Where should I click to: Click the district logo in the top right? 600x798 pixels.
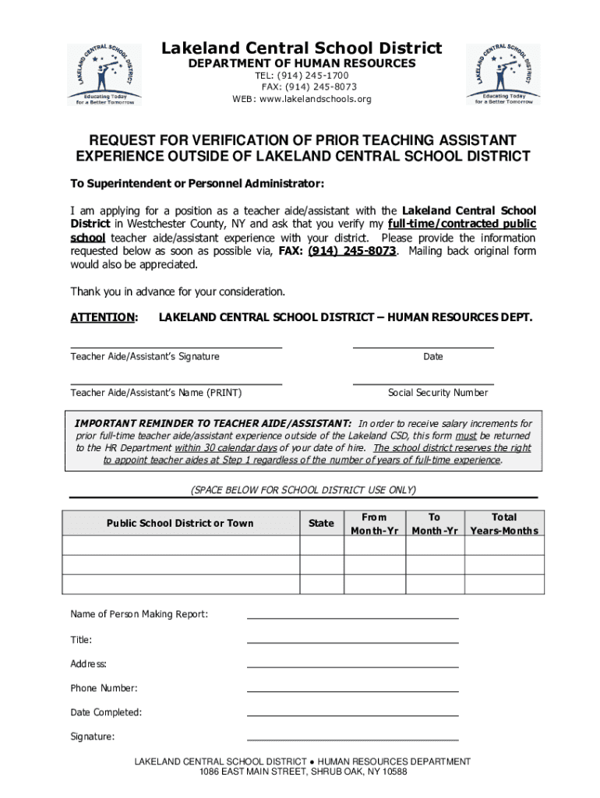coord(502,73)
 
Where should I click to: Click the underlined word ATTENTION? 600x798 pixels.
coord(103,318)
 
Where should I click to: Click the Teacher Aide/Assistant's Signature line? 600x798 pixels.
coord(176,347)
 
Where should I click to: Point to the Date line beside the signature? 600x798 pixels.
coord(423,347)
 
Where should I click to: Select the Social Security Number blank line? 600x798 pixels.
coord(423,383)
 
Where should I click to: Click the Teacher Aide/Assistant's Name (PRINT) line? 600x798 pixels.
coord(176,383)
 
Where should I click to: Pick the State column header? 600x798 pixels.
coord(321,523)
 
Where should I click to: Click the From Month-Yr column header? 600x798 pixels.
coord(374,523)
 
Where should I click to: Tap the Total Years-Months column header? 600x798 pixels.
coord(503,523)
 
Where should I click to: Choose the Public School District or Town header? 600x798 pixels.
coord(180,523)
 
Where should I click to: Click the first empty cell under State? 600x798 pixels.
coord(321,545)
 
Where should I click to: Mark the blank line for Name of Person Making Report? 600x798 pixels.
coord(352,617)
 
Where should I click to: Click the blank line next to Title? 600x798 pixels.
coord(352,642)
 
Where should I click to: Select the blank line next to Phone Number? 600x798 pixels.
coord(352,690)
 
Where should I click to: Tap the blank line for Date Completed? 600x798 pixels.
coord(352,715)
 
